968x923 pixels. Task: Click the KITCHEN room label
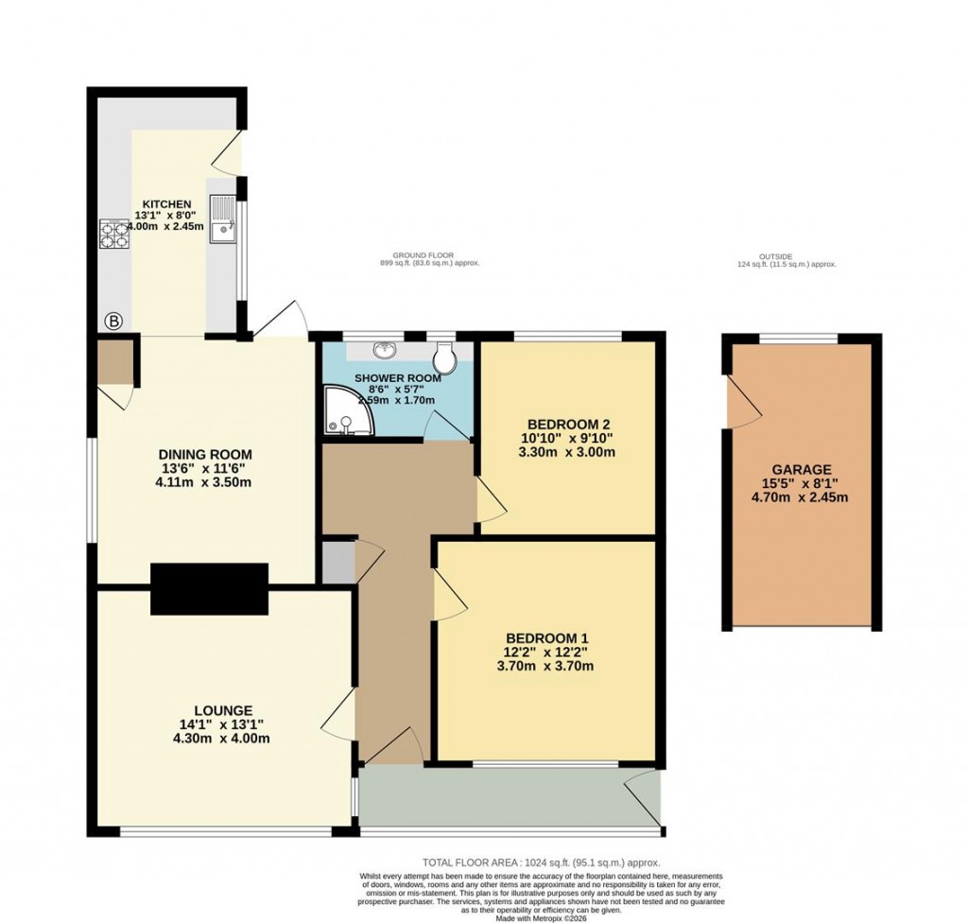point(167,204)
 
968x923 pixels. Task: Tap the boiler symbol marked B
point(113,322)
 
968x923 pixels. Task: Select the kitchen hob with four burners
point(114,233)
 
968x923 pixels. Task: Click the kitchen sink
point(223,218)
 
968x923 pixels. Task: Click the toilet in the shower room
point(444,357)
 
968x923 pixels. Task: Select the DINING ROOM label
point(205,454)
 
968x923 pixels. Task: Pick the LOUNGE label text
point(223,710)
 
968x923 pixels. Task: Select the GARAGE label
point(800,469)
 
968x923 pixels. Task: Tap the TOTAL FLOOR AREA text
point(541,862)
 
